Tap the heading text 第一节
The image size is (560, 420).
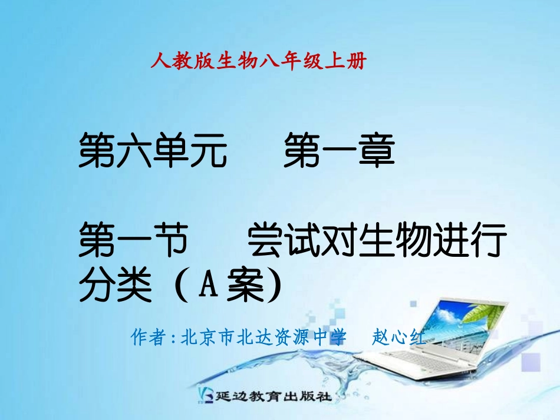[133, 242]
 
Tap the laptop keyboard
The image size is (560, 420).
[436, 365]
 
